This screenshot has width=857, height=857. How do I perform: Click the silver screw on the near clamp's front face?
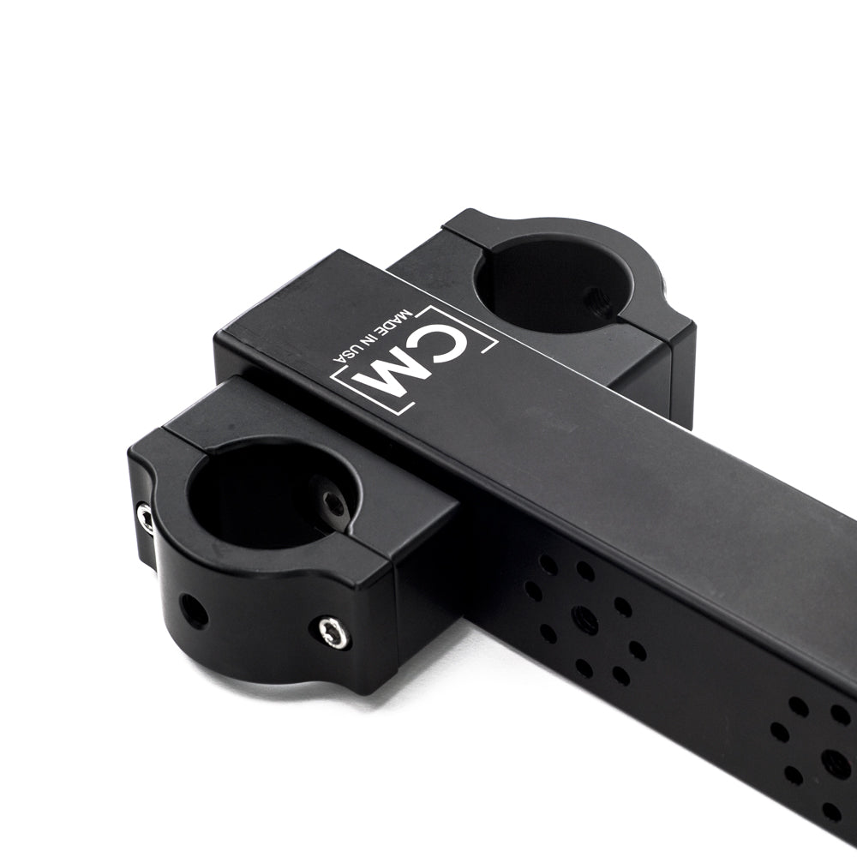(333, 633)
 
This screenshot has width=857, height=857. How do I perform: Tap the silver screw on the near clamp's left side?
(146, 518)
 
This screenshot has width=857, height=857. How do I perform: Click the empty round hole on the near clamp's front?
(195, 611)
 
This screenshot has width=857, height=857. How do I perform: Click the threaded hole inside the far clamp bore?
(597, 301)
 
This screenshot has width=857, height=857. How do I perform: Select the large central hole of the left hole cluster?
(584, 619)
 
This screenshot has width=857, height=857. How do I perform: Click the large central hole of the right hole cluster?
(835, 761)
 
